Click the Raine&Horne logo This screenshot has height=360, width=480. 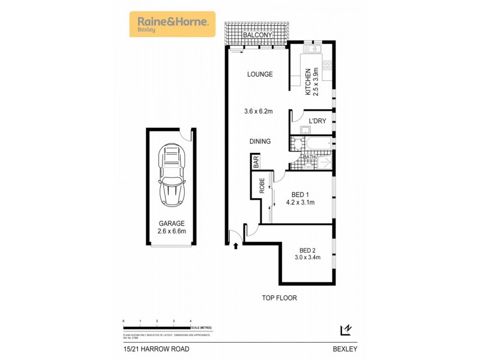coord(172,24)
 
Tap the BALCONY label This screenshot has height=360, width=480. coord(257,35)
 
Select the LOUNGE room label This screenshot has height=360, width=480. coord(260,75)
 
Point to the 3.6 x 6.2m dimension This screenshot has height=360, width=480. coord(258,111)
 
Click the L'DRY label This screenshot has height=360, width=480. coord(317,122)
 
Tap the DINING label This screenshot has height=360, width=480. coord(260,142)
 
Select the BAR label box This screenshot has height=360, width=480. coord(255,161)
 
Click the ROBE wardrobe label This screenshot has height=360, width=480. coord(262,187)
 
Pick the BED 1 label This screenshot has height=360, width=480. coord(301,194)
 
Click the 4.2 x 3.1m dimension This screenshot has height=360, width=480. coord(301,203)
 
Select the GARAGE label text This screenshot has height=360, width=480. coord(172,223)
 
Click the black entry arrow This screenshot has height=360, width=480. coord(236,245)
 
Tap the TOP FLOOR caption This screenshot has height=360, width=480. coord(278,298)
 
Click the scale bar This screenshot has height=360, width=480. coord(157,327)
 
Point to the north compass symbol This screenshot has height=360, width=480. coord(345,329)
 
